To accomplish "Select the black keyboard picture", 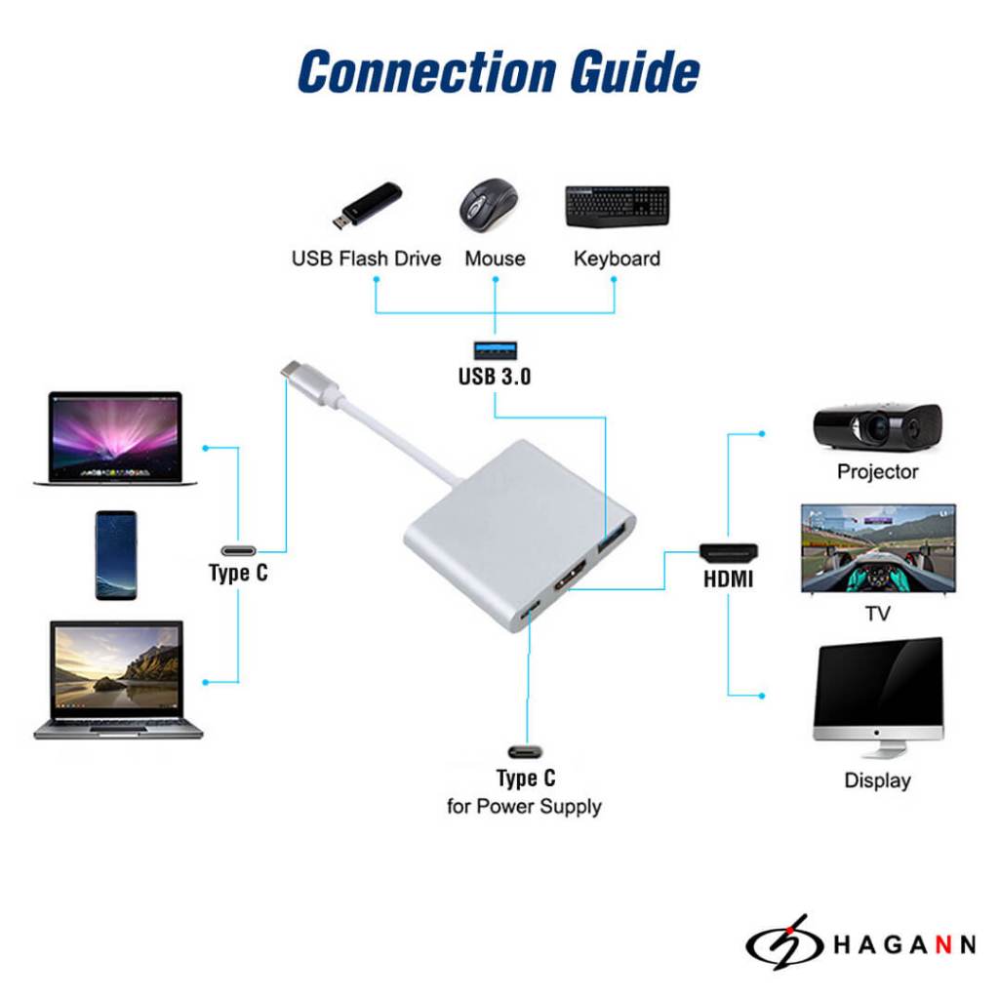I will pyautogui.click(x=617, y=205).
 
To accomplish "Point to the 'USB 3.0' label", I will pyautogui.click(x=495, y=376).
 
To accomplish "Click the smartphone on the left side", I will pyautogui.click(x=116, y=555).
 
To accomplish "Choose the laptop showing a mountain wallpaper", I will pyautogui.click(x=118, y=679).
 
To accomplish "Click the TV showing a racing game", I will pyautogui.click(x=878, y=548).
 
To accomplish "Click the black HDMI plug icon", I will pyautogui.click(x=729, y=551).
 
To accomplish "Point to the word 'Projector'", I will pyautogui.click(x=877, y=472).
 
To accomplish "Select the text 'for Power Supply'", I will pyautogui.click(x=524, y=807).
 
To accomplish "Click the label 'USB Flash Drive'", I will pyautogui.click(x=366, y=259).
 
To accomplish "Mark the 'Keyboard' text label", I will pyautogui.click(x=617, y=259).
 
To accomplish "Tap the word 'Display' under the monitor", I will pyautogui.click(x=877, y=780).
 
